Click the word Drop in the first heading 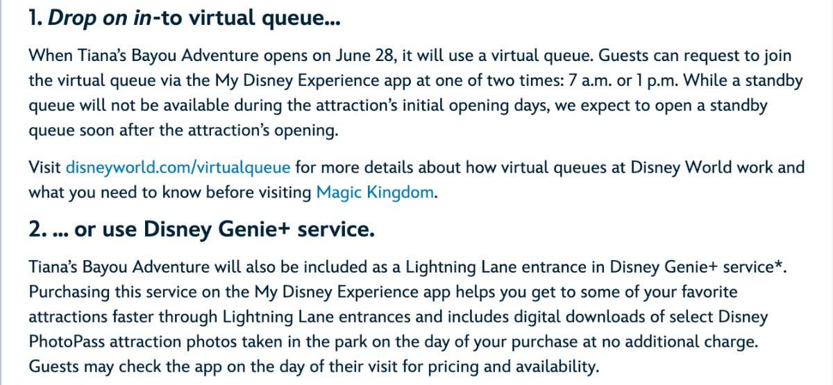click(72, 19)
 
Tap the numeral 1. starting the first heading click(35, 18)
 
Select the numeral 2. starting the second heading click(38, 229)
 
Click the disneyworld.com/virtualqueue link click(178, 168)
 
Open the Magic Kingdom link click(375, 193)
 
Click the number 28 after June click(384, 55)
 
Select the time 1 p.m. click(657, 81)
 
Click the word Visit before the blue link click(44, 168)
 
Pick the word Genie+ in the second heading click(253, 229)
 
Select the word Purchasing click(69, 293)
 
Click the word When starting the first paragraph click(51, 55)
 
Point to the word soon click(96, 130)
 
